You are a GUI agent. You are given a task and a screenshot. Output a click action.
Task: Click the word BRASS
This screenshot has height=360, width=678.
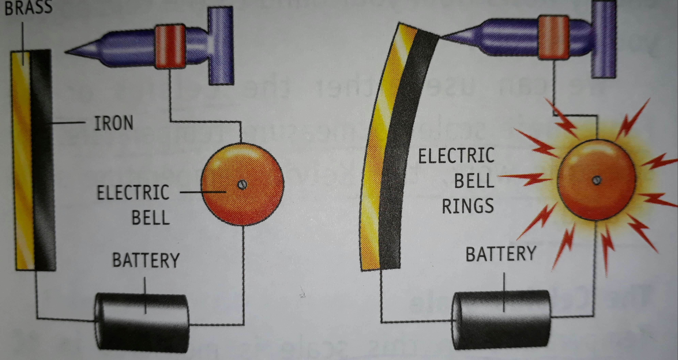click(x=28, y=7)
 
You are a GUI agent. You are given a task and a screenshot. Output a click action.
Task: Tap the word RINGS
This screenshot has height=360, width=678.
click(x=468, y=206)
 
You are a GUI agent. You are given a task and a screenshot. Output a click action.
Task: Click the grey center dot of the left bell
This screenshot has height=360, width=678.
click(x=242, y=184)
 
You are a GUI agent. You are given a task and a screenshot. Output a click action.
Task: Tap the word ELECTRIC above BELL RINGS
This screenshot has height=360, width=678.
click(x=456, y=155)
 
